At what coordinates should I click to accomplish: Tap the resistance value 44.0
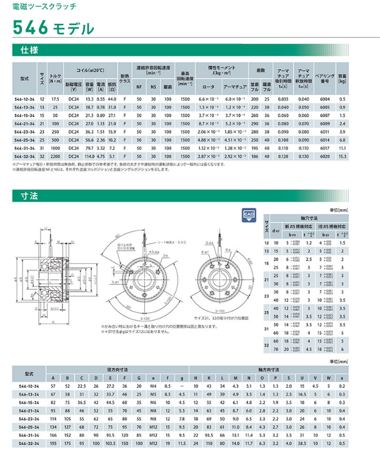112,98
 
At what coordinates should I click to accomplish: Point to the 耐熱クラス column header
124,79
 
